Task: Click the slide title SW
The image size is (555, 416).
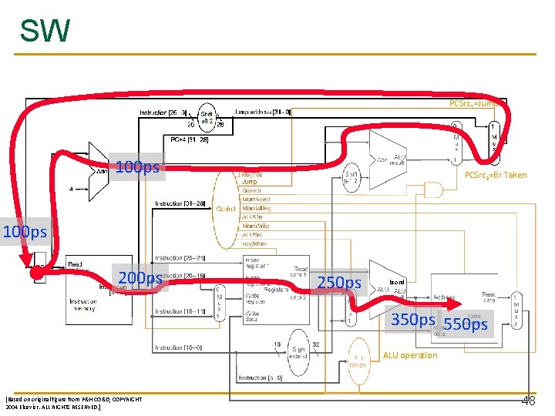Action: pos(44,31)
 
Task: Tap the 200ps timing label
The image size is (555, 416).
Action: pos(140,278)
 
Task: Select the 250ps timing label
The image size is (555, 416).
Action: pos(339,283)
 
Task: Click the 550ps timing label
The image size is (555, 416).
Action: pos(466,324)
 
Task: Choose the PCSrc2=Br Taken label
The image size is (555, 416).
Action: pos(495,175)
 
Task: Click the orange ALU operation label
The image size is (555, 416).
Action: pos(409,355)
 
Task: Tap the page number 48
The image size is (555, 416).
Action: pos(528,401)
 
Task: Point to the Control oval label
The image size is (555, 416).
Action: pos(226,209)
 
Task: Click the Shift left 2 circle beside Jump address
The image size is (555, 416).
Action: pos(207,117)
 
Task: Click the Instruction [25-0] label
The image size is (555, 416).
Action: pos(163,112)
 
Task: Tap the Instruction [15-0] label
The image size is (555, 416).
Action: pos(179,348)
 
